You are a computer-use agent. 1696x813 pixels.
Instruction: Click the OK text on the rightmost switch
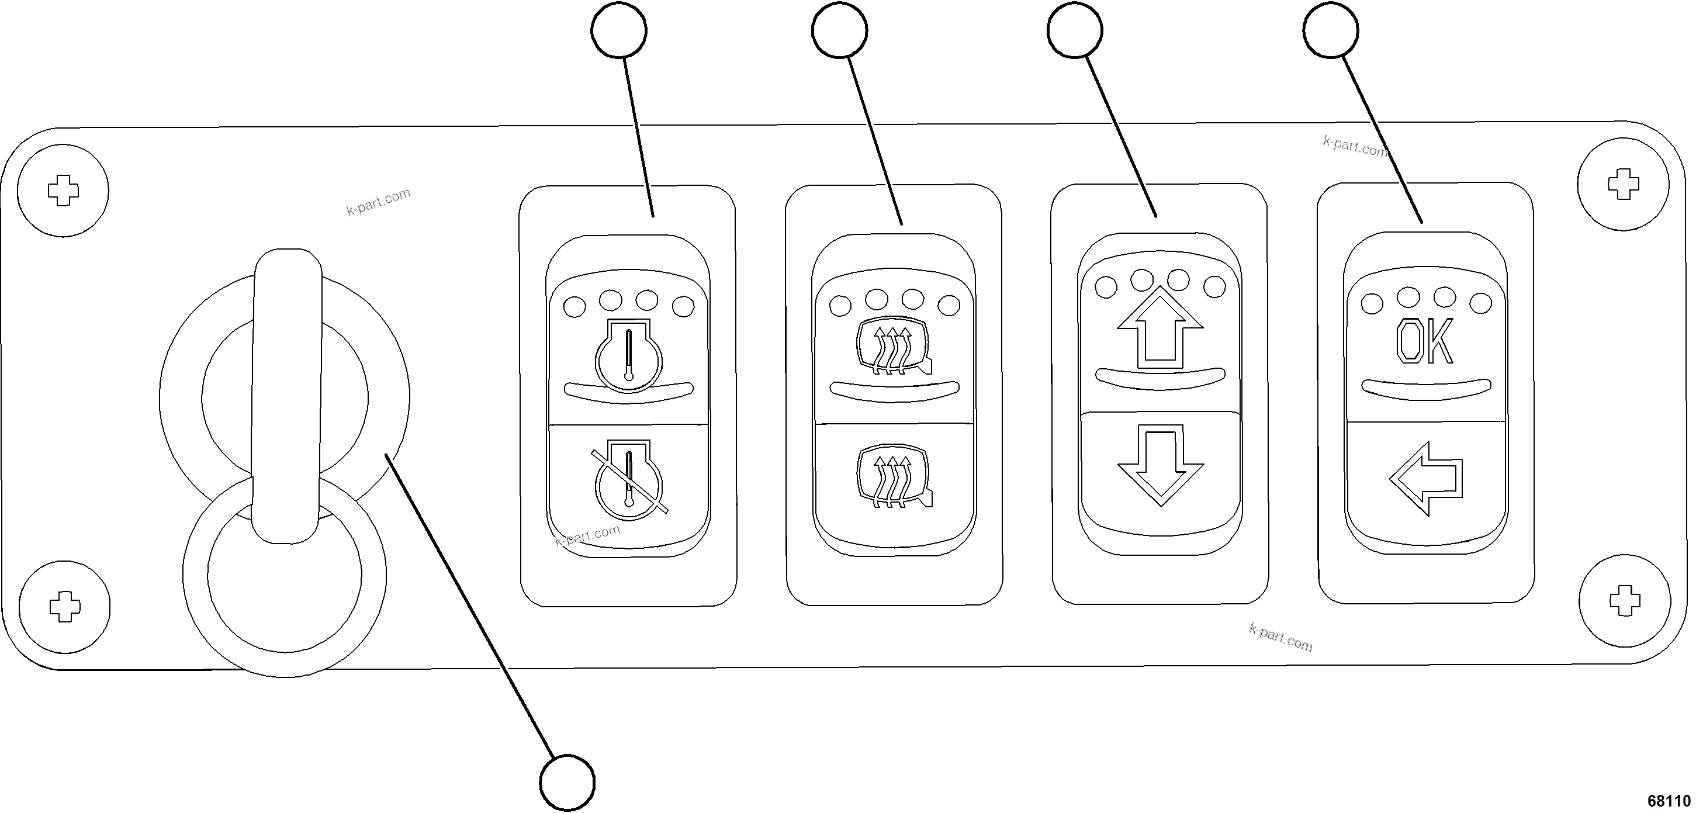point(1424,343)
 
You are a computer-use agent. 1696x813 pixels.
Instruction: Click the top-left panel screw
point(63,191)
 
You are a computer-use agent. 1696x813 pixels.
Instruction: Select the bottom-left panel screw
point(64,606)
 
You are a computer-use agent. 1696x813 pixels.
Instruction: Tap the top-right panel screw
point(1624,184)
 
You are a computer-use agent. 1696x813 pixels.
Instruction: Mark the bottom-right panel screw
point(1624,600)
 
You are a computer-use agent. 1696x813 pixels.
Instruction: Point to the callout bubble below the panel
point(567,783)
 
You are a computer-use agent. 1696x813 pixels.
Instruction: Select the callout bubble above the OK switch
point(1331,30)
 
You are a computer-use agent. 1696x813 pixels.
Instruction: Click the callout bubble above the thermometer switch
point(619,30)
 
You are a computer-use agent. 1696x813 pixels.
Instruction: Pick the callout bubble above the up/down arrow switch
point(1075,30)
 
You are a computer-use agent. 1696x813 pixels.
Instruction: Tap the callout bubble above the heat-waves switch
point(839,30)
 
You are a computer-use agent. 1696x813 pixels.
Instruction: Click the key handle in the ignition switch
point(287,395)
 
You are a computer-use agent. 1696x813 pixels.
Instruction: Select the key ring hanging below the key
point(285,632)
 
